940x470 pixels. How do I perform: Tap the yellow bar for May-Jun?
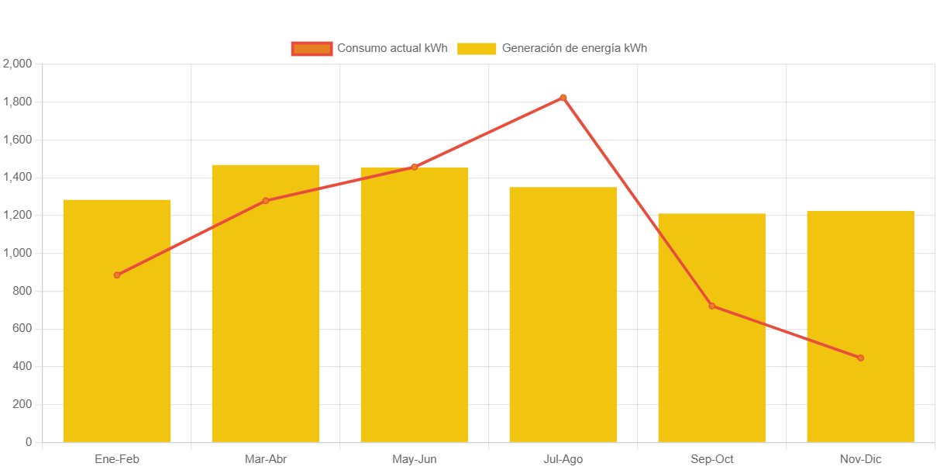pyautogui.click(x=415, y=310)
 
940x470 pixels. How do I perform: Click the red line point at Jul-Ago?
pyautogui.click(x=563, y=98)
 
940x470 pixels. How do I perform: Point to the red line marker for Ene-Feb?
pyautogui.click(x=117, y=275)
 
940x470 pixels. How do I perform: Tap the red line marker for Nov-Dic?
pyautogui.click(x=860, y=358)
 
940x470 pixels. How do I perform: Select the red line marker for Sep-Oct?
pyautogui.click(x=711, y=306)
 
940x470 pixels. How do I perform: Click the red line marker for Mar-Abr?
pyautogui.click(x=266, y=201)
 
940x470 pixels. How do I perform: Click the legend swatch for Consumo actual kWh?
pyautogui.click(x=312, y=48)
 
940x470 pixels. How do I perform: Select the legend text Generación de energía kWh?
pyautogui.click(x=574, y=48)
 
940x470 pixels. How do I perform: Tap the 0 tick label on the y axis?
pyautogui.click(x=29, y=442)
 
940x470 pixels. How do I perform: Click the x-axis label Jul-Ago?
pyautogui.click(x=563, y=459)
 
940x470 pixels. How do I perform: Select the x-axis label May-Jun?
pyautogui.click(x=415, y=459)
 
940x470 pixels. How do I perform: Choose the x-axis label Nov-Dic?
pyautogui.click(x=860, y=459)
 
